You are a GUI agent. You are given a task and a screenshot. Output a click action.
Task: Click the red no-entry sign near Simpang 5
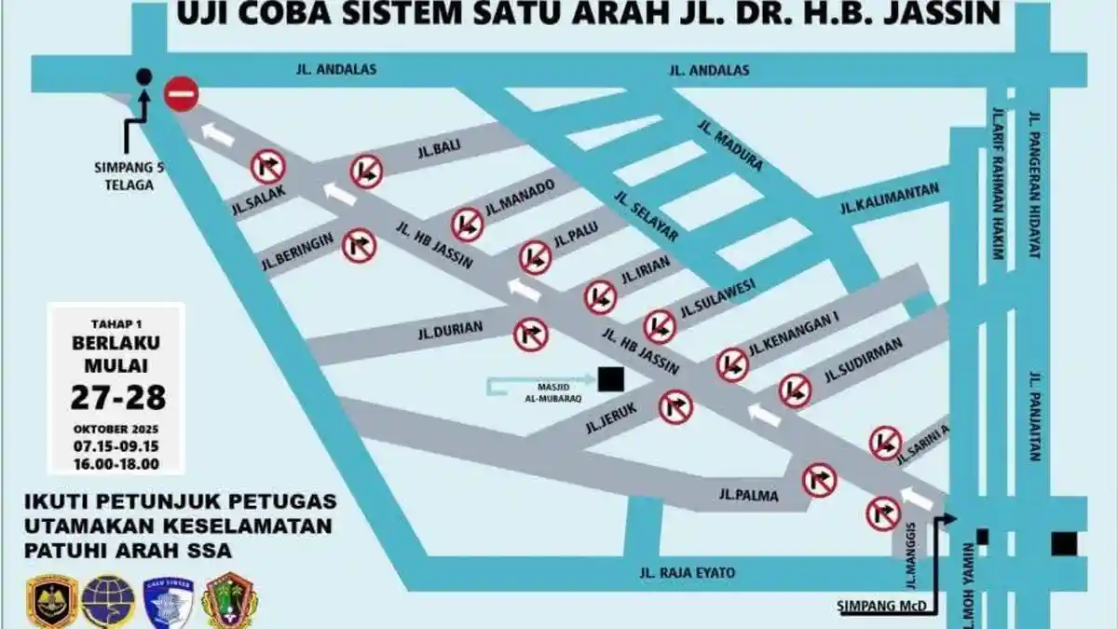(181, 94)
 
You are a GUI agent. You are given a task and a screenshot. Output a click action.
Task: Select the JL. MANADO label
(519, 193)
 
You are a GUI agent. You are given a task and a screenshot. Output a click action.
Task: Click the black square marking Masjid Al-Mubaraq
(611, 379)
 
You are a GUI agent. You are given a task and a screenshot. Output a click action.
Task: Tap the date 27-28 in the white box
(118, 397)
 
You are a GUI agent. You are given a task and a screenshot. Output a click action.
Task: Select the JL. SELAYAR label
(646, 216)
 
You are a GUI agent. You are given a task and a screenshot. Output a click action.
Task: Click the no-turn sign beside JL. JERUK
(675, 407)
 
